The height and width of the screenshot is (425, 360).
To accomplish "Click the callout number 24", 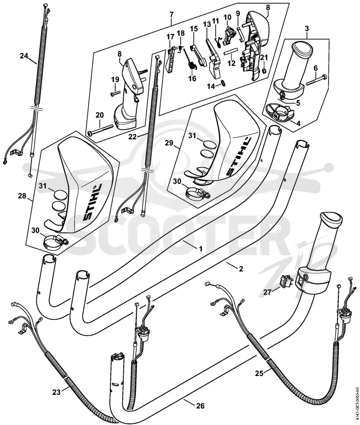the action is pyautogui.click(x=24, y=56).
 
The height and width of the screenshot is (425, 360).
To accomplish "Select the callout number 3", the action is pyautogui.click(x=307, y=28).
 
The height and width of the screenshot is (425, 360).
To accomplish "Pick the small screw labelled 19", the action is pyautogui.click(x=115, y=93).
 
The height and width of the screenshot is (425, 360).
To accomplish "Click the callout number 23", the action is pyautogui.click(x=56, y=392).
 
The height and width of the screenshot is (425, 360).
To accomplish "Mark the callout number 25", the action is pyautogui.click(x=259, y=373).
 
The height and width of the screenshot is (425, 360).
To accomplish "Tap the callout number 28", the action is pyautogui.click(x=22, y=196).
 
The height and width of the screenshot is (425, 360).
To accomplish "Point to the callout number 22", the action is pyautogui.click(x=132, y=137).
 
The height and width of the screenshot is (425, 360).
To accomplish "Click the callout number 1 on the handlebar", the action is pyautogui.click(x=201, y=248).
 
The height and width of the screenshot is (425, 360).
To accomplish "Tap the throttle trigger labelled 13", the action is pyautogui.click(x=214, y=58).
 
